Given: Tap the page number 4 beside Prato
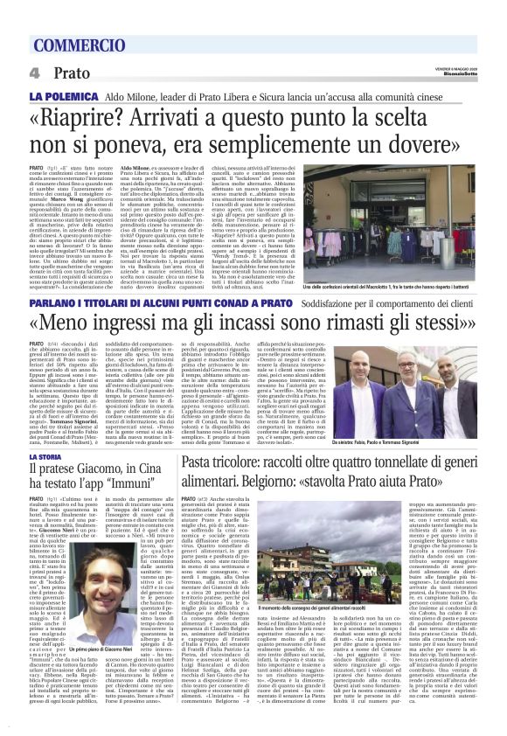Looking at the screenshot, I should (32, 73).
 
